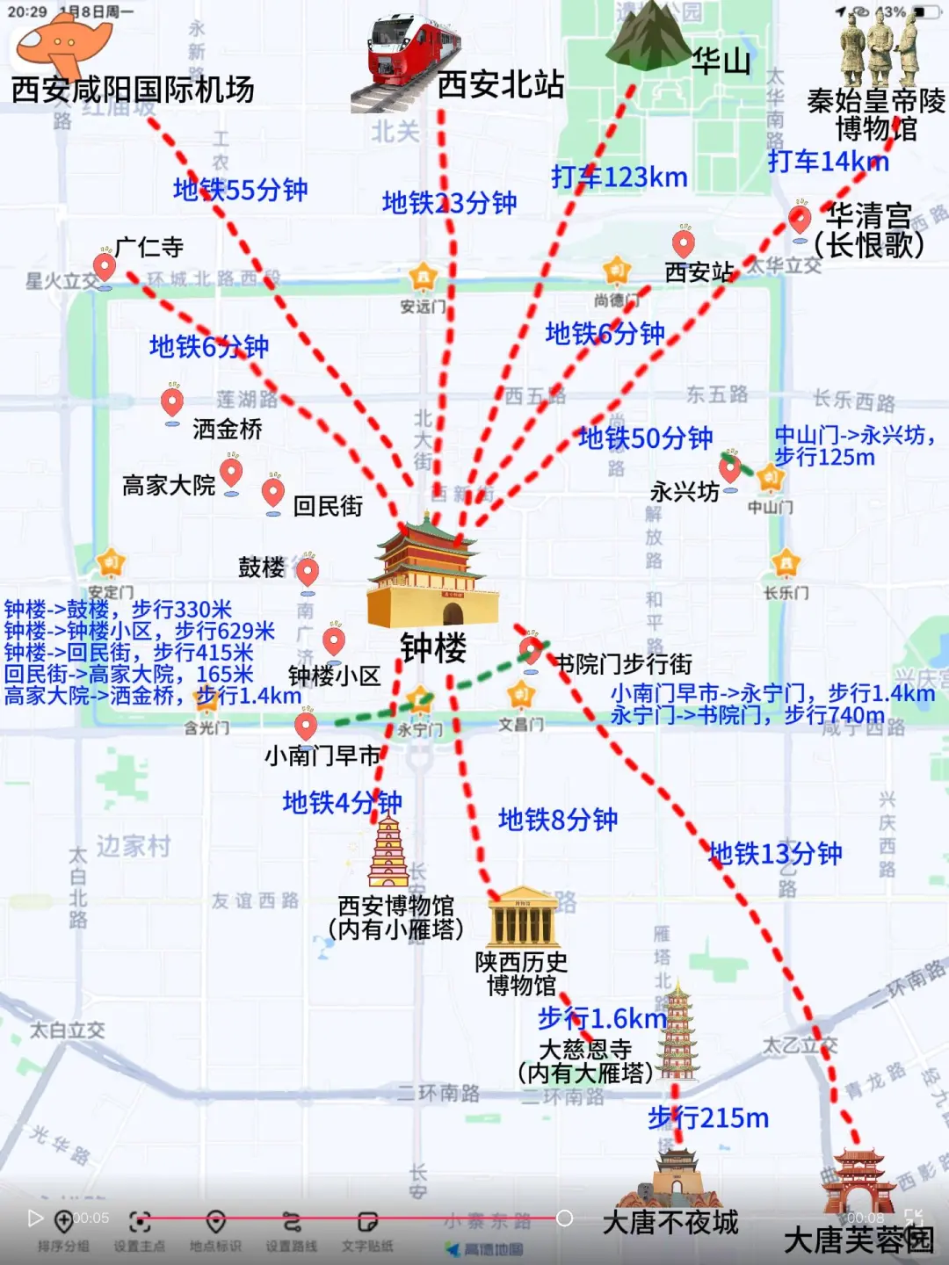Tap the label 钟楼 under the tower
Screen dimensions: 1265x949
(x=433, y=648)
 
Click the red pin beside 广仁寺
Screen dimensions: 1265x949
(x=105, y=265)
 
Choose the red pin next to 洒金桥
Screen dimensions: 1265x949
(x=172, y=402)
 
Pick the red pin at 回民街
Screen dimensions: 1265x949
(x=273, y=492)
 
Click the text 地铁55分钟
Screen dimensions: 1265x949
(x=240, y=190)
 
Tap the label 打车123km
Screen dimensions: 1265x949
(x=619, y=177)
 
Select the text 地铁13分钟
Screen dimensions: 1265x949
(x=775, y=853)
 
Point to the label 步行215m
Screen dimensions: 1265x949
(x=708, y=1118)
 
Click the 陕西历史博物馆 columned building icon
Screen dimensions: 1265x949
(x=523, y=918)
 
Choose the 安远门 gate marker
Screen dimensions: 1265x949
(x=423, y=278)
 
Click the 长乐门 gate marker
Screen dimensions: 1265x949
(x=785, y=563)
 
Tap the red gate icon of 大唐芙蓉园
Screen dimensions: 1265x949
(x=858, y=1182)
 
